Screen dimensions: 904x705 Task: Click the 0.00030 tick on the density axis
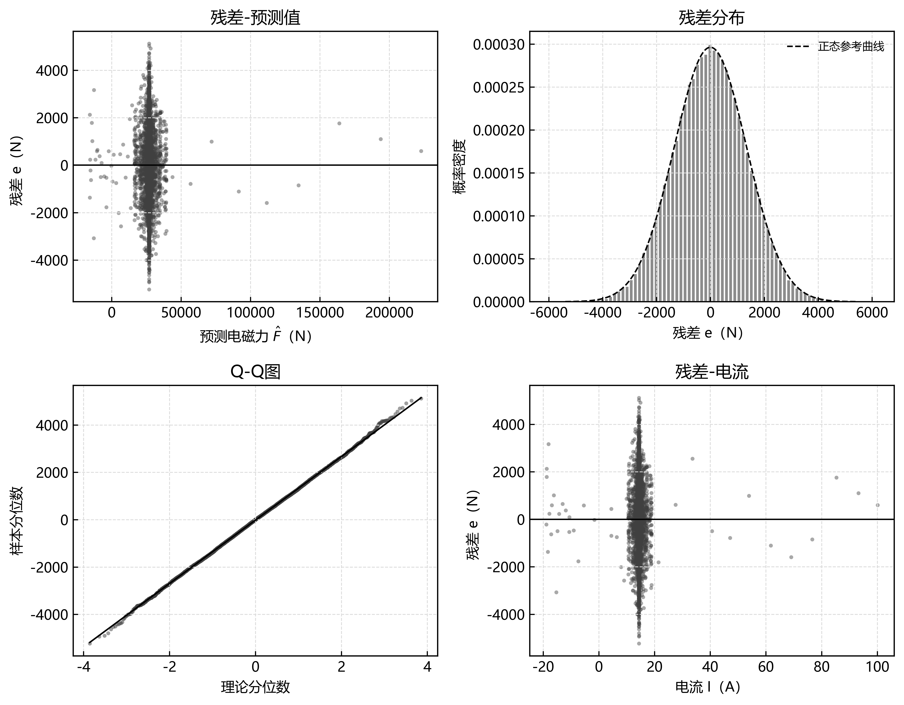(x=499, y=44)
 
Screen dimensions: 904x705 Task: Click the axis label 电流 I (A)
(x=707, y=687)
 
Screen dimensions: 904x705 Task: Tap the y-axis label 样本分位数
(x=17, y=521)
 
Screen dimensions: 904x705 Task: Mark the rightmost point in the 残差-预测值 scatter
(x=421, y=151)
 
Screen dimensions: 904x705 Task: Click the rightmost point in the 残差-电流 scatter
(x=877, y=505)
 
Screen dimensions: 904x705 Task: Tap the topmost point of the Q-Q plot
(x=421, y=398)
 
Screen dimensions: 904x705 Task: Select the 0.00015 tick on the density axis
(x=499, y=173)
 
